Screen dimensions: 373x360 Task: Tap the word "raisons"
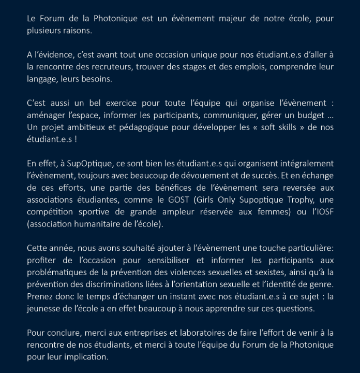pos(77,31)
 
